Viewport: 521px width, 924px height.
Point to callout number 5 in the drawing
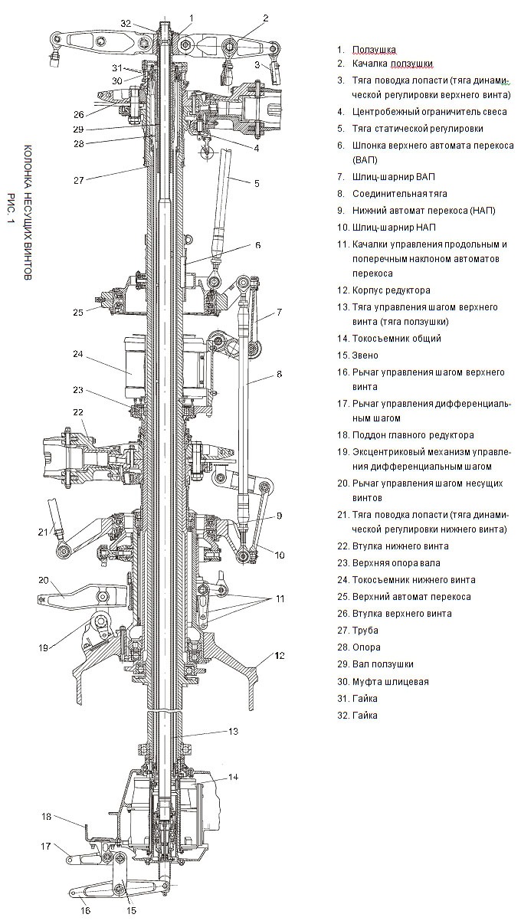[257, 183]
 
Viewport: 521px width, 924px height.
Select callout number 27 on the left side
[79, 182]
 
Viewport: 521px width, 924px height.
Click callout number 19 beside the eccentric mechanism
[45, 647]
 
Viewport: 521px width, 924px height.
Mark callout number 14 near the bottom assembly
[233, 776]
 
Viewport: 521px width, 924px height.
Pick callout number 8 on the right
[279, 375]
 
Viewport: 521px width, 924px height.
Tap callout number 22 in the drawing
[77, 412]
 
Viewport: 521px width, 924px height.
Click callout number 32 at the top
[126, 23]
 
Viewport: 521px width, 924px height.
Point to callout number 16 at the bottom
[84, 910]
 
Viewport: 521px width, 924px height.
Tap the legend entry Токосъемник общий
[396, 338]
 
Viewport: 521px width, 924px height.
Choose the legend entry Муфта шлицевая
[390, 681]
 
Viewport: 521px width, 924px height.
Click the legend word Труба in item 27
[365, 631]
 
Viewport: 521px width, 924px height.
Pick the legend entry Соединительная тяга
[399, 194]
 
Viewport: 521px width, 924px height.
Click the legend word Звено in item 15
[367, 356]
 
